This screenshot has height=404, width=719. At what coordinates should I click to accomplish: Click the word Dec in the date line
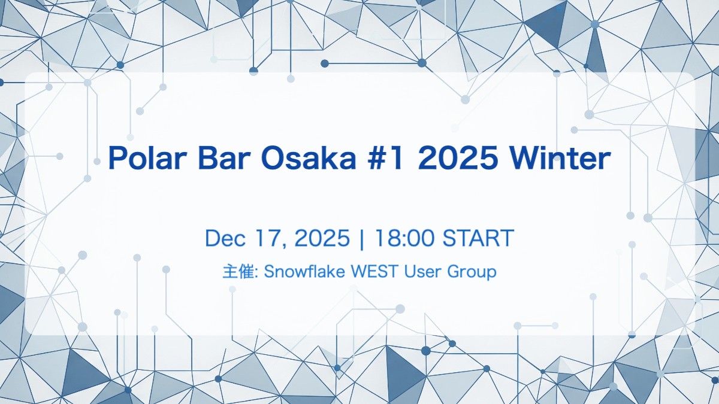224,238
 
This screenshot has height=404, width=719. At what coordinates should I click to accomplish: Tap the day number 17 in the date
264,238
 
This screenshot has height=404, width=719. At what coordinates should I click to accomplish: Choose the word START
478,238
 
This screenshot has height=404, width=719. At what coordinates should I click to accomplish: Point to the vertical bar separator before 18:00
361,239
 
